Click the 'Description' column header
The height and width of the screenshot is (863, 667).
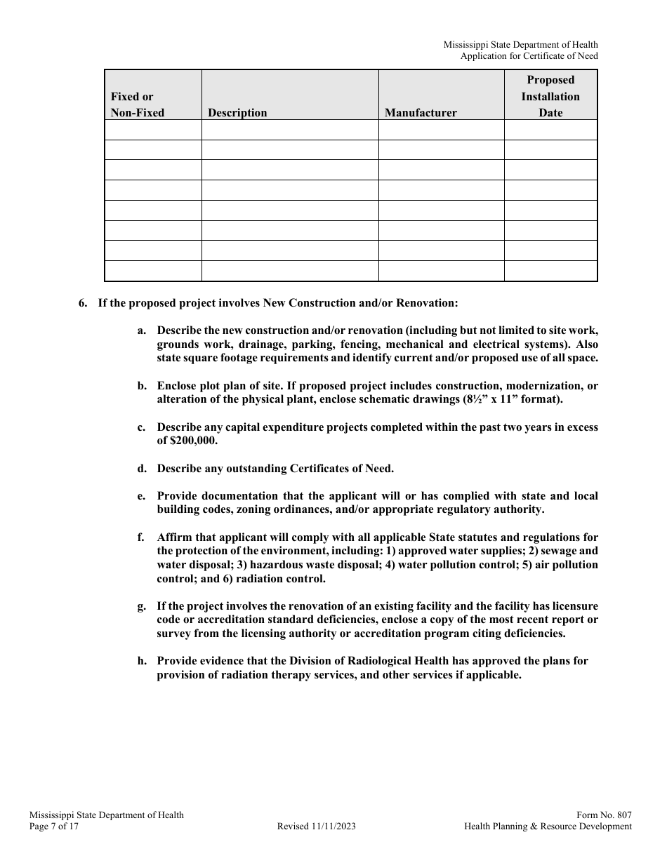(x=237, y=112)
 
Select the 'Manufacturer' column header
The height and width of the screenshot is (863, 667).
(x=421, y=112)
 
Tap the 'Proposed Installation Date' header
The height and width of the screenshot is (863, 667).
(x=550, y=96)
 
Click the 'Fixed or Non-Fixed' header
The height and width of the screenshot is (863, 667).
(x=138, y=105)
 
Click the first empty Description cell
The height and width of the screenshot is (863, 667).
(x=290, y=130)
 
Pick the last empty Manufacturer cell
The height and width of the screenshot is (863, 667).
(x=441, y=271)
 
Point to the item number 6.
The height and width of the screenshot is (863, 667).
(x=83, y=303)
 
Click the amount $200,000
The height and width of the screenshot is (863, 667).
(x=194, y=441)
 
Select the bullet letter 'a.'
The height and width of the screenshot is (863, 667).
(x=142, y=330)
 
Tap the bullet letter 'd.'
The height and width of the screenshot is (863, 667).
(x=142, y=469)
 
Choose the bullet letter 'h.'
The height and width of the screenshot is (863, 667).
(x=142, y=661)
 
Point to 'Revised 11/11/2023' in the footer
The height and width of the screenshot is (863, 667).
(x=317, y=827)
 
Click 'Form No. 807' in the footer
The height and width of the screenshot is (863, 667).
(x=604, y=815)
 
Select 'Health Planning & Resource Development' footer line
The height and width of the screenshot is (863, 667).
(x=548, y=827)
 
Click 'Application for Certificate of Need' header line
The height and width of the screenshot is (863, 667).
(x=529, y=56)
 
